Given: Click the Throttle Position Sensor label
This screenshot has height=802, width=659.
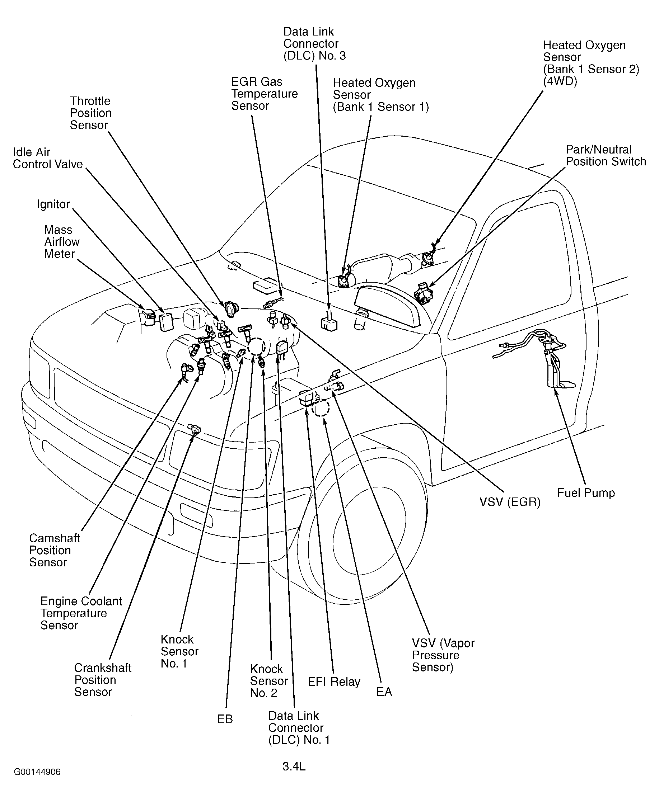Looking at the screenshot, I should click(x=90, y=113).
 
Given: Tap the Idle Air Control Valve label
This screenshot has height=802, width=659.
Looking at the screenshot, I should click(x=47, y=158).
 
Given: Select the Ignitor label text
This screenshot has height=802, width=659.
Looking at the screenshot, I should click(x=53, y=204).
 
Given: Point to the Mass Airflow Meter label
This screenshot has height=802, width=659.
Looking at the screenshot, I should click(x=61, y=242).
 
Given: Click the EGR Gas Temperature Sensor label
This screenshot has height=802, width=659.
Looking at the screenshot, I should click(x=264, y=94).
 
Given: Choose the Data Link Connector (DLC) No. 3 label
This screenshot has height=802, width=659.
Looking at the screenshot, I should click(x=314, y=44).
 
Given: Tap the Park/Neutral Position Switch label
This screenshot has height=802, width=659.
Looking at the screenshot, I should click(x=606, y=156).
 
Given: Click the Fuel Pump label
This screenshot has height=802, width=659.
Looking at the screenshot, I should click(x=586, y=493).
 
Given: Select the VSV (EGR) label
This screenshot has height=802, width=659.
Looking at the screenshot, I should click(x=509, y=502).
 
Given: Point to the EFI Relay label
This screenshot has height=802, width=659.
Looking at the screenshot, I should click(x=334, y=682).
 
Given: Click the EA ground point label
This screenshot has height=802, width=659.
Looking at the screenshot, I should click(x=384, y=692).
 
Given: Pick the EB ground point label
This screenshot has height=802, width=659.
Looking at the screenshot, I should click(x=225, y=719).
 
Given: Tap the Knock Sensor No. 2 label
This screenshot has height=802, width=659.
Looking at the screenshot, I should click(x=269, y=681).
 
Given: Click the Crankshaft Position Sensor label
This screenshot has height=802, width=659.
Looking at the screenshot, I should click(x=103, y=680).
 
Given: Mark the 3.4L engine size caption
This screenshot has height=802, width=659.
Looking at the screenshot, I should click(x=294, y=767).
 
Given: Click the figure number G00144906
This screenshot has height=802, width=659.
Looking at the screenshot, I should click(x=37, y=772).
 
